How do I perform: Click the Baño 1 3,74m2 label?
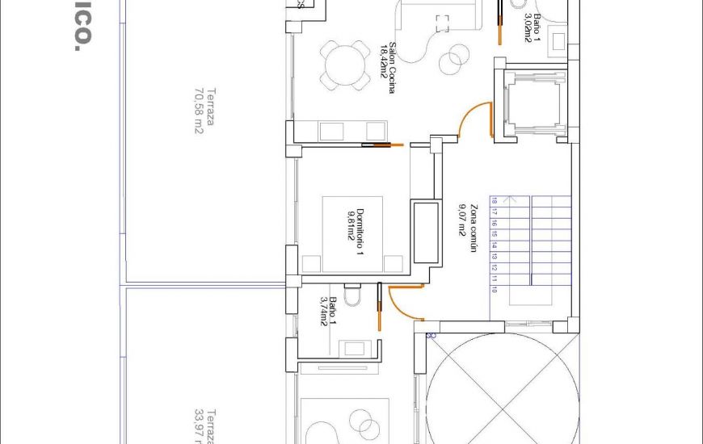coord(328,312)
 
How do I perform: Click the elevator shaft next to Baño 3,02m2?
coord(531,102)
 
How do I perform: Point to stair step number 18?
coord(494,202)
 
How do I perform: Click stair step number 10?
coord(494,290)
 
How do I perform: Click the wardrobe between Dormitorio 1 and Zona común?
coord(425,232)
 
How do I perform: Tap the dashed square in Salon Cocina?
coord(441,23)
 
